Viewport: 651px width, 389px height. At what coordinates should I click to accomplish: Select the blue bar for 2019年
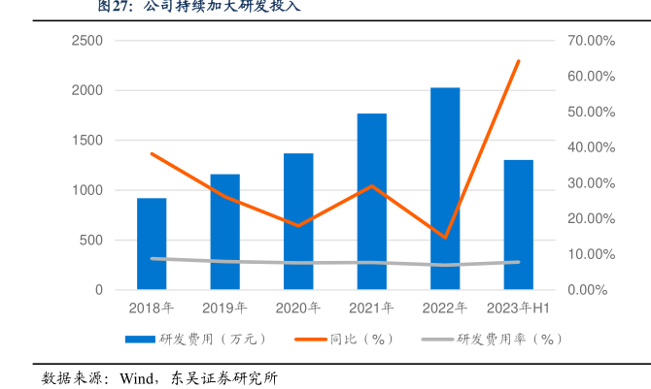pos(224,232)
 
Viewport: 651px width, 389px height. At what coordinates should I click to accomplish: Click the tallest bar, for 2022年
pos(445,188)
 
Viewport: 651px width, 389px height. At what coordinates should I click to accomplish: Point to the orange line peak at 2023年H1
pos(519,61)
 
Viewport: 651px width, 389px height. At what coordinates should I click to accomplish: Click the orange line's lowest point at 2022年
pos(445,237)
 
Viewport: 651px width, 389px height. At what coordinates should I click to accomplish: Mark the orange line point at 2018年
pos(152,153)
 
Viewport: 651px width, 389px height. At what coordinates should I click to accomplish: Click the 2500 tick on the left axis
pos(87,41)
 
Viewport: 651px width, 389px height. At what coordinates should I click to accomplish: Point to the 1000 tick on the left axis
pos(87,190)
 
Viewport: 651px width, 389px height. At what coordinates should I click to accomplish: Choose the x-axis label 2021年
pos(372,308)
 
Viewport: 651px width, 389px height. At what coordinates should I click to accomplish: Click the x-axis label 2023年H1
pos(519,308)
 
